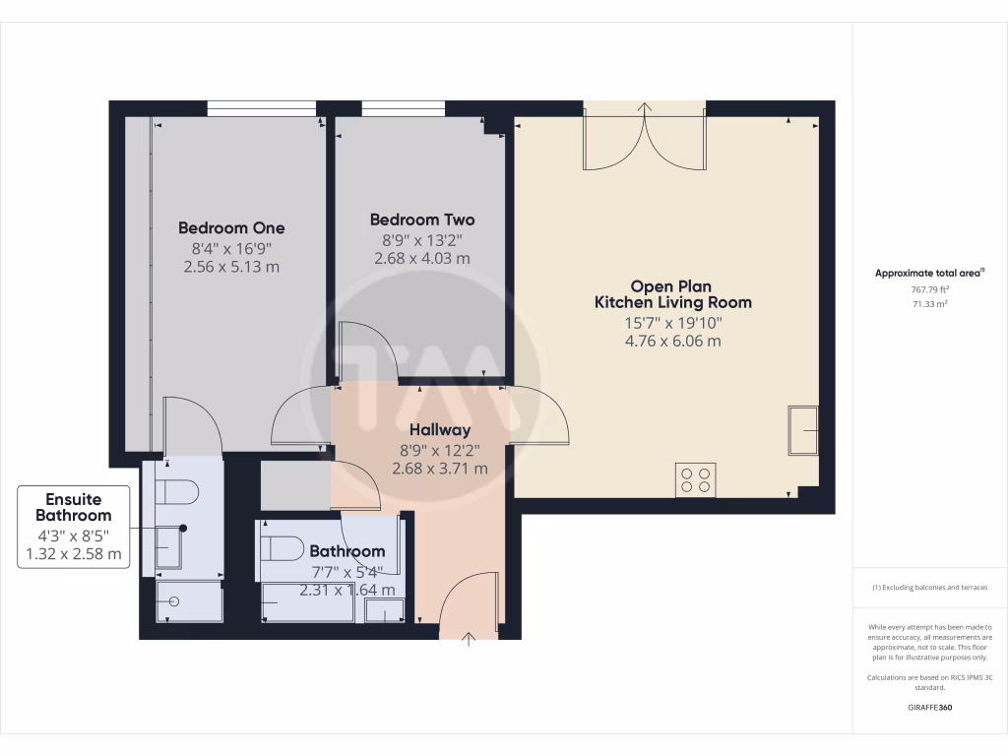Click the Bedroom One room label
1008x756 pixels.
[231, 228]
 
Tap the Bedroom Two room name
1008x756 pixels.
[421, 220]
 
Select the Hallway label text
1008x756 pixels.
[439, 430]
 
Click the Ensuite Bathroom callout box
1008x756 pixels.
[74, 527]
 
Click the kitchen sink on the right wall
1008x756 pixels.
[803, 430]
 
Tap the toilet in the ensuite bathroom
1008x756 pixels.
[182, 491]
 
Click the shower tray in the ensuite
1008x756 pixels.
[189, 600]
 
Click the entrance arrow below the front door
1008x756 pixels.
[469, 640]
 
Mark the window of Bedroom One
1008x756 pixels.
[261, 107]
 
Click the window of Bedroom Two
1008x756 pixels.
[403, 107]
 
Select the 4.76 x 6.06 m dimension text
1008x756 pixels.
[672, 342]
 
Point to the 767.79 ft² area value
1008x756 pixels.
[929, 289]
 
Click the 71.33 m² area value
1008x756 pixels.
[929, 304]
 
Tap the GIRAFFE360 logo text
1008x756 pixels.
[929, 708]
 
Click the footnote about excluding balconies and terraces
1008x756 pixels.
[929, 588]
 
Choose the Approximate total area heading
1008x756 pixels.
[928, 273]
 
